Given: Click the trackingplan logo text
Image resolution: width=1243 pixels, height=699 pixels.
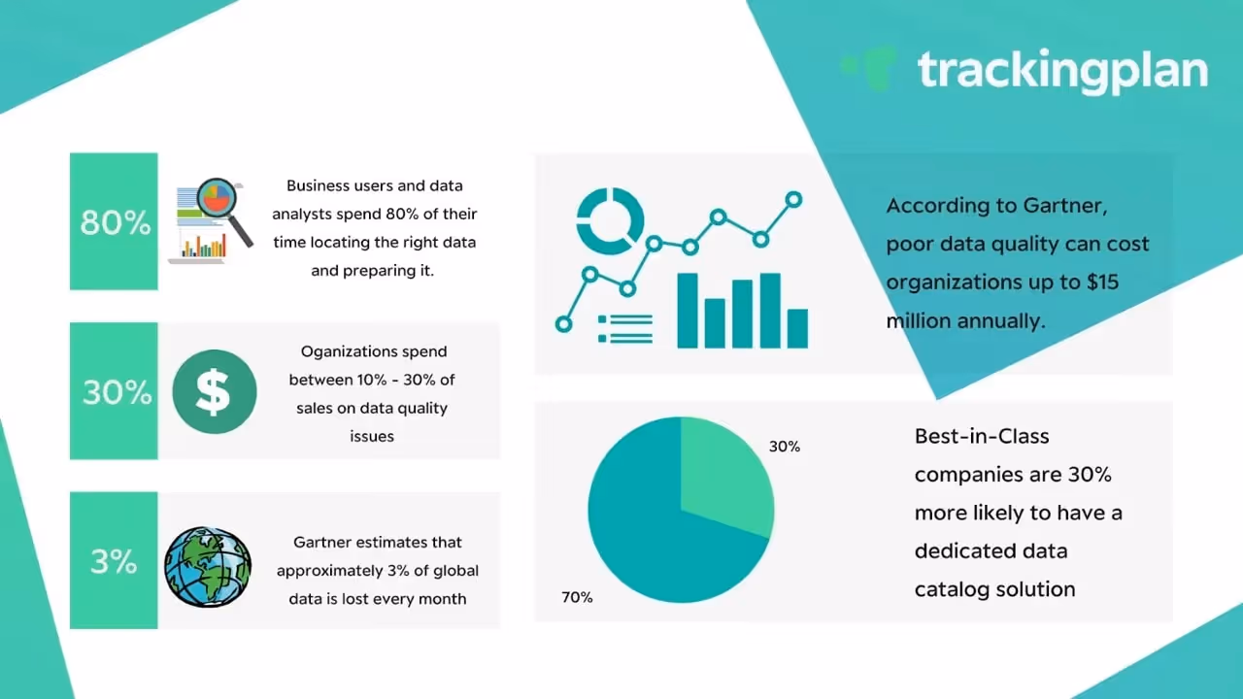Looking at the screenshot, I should pos(1062,72).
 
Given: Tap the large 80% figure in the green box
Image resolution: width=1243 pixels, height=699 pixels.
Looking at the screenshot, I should pos(116,222).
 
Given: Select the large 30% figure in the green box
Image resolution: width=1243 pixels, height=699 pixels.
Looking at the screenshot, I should pos(117,392).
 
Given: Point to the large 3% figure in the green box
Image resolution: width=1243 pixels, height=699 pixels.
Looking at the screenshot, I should pos(114,561).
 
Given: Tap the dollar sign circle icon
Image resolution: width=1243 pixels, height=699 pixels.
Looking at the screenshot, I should pos(215,391).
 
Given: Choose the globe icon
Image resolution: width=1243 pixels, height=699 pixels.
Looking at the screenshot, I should pos(208,567).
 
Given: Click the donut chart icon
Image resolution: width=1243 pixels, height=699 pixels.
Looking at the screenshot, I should pos(610,221).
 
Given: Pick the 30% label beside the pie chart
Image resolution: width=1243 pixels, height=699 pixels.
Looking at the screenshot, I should pos(785,447).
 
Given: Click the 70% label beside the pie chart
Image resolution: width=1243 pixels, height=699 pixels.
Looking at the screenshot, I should pos(577,597).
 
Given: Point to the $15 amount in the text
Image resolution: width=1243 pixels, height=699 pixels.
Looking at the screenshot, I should pos(1102,282).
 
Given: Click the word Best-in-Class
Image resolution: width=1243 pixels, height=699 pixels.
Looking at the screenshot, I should pos(982,436).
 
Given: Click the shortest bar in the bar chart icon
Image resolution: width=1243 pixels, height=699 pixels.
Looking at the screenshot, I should pos(797,328).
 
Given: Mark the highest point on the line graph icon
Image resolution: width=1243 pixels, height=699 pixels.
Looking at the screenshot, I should pos(793,200).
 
